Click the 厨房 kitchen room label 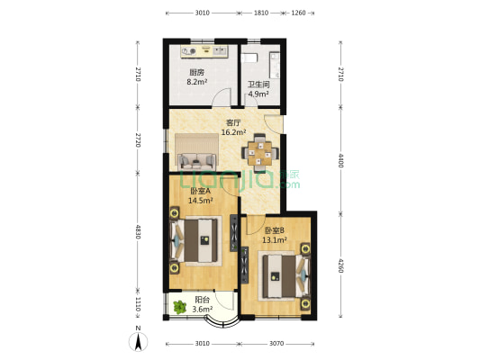point(196,73)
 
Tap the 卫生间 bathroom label point(258,85)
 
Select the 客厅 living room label point(232,123)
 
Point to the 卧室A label point(201,192)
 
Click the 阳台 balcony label point(203,301)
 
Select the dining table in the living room point(259,152)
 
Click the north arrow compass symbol point(137,341)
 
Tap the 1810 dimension point(260,13)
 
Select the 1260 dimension point(299,13)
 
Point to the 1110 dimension point(138,304)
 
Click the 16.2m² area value point(232,132)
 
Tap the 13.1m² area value point(275,240)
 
